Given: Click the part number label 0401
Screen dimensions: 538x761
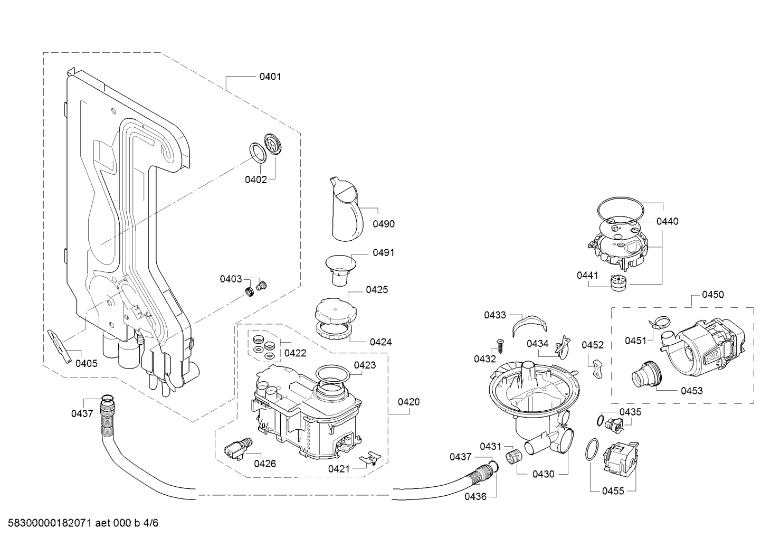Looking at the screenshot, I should click(270, 77).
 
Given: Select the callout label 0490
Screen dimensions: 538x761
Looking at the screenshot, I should click(384, 224).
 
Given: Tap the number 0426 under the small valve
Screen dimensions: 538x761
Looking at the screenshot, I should click(264, 464).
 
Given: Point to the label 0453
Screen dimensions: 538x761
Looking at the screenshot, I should click(691, 391).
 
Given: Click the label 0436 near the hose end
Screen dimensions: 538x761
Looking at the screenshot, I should click(475, 496).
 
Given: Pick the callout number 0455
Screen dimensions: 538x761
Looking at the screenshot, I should click(613, 491).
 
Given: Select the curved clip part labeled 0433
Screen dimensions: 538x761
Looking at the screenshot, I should click(528, 324).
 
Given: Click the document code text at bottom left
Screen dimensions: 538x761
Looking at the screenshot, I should click(80, 523).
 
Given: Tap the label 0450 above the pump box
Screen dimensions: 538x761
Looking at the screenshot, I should click(712, 295).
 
